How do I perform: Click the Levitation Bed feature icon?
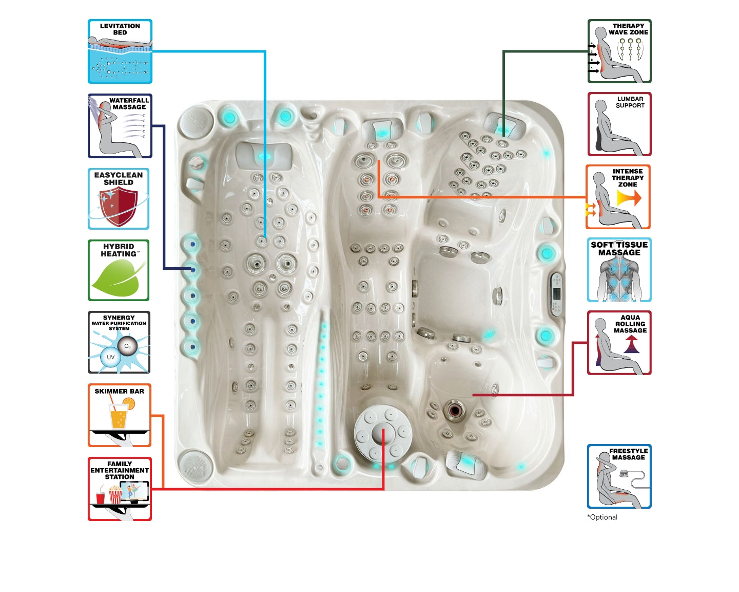(x=120, y=51)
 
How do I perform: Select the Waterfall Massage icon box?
(x=120, y=126)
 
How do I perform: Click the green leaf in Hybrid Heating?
(x=116, y=277)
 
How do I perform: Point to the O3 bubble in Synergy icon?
(x=127, y=346)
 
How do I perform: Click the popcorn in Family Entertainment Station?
(x=115, y=495)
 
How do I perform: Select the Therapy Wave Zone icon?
(x=619, y=51)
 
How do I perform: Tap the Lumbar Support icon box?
(x=619, y=124)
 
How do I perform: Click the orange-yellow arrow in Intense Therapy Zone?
(x=629, y=198)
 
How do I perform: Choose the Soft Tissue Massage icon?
(x=619, y=270)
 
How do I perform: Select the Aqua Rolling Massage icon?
(x=619, y=343)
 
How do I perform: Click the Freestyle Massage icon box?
(x=619, y=476)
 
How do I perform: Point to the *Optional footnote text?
(x=602, y=517)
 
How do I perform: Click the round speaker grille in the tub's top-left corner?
(x=195, y=122)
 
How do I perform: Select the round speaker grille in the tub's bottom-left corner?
(x=195, y=465)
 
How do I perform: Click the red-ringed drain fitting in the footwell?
(x=454, y=410)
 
